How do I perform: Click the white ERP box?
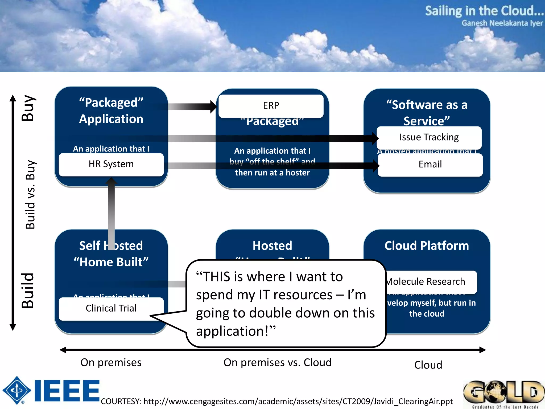point(271,106)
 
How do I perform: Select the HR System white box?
point(111,164)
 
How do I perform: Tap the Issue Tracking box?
point(429,137)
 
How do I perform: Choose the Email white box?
point(430,164)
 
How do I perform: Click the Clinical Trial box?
point(111,308)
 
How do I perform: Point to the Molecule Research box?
point(428,282)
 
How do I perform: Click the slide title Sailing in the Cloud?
point(484,11)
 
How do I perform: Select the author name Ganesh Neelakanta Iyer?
point(502,23)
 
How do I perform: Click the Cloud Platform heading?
point(427,246)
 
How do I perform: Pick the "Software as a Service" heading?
point(427,112)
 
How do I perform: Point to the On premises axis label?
point(111,362)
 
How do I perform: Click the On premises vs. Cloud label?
point(277,362)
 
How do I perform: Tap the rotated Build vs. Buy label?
point(30,195)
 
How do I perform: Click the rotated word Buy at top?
point(28,108)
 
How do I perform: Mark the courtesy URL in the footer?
point(277,401)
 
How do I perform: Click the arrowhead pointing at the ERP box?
point(213,107)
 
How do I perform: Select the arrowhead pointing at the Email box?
point(375,166)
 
